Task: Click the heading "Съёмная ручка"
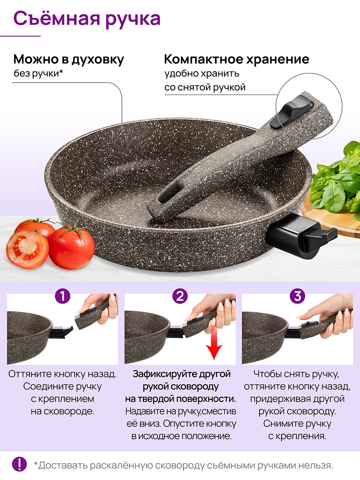[87, 19]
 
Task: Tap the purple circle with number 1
[62, 296]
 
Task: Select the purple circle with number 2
[180, 296]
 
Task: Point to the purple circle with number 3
[297, 296]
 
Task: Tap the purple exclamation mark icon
[20, 464]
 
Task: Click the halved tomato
[27, 248]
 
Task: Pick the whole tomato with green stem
[72, 247]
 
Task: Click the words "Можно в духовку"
[69, 60]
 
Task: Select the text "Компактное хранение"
[237, 59]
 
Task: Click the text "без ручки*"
[38, 74]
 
